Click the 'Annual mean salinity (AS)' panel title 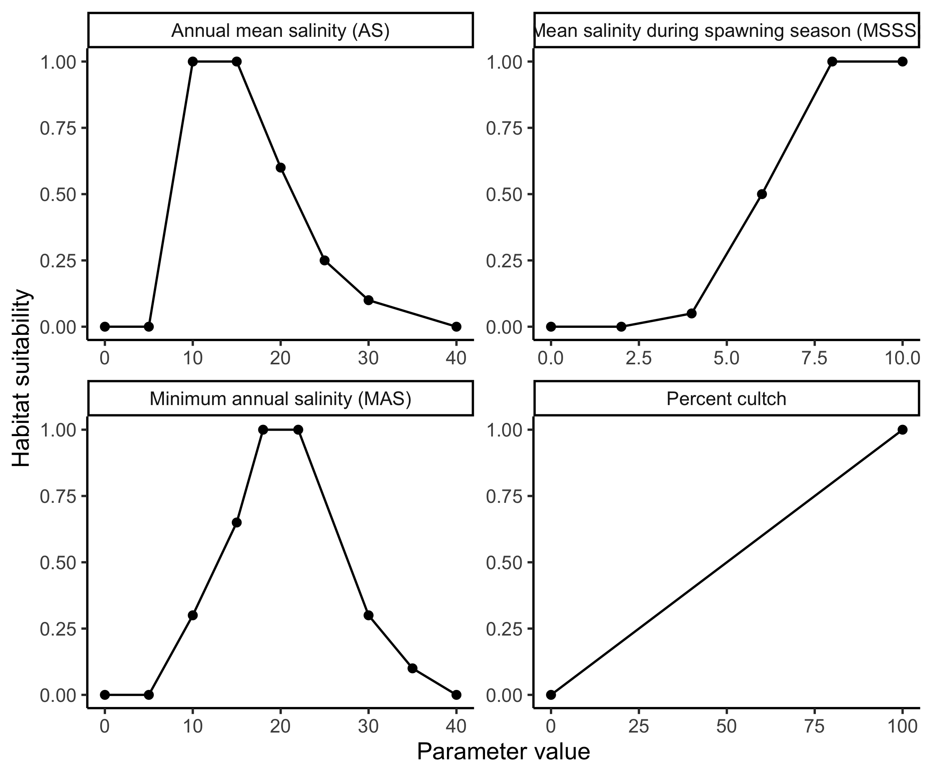pyautogui.click(x=280, y=31)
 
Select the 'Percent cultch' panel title pyautogui.click(x=726, y=398)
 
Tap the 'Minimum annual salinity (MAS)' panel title pyautogui.click(x=280, y=398)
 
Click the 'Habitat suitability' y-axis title pyautogui.click(x=21, y=378)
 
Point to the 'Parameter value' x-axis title pyautogui.click(x=503, y=751)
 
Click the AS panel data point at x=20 pyautogui.click(x=280, y=168)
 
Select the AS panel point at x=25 pyautogui.click(x=324, y=260)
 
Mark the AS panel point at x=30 pyautogui.click(x=369, y=300)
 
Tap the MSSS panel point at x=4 pyautogui.click(x=692, y=314)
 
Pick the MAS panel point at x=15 pyautogui.click(x=236, y=522)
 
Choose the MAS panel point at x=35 pyautogui.click(x=412, y=668)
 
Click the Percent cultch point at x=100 pyautogui.click(x=902, y=430)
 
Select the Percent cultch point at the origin pyautogui.click(x=551, y=695)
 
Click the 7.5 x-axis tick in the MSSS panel pyautogui.click(x=814, y=358)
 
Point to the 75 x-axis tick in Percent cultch pyautogui.click(x=814, y=726)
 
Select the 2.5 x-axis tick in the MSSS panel pyautogui.click(x=639, y=358)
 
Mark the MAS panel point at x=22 pyautogui.click(x=298, y=430)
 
